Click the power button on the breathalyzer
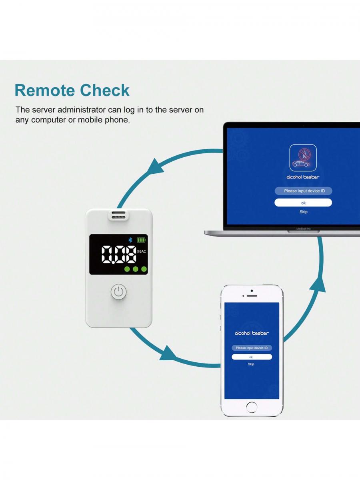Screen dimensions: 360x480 coord(119,292)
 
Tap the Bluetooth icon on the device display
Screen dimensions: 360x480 coord(130,240)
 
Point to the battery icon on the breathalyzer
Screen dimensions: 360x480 coord(141,240)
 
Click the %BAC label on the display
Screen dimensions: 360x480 coord(141,251)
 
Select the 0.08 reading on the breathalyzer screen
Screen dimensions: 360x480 coord(119,254)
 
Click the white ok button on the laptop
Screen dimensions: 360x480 coord(303,203)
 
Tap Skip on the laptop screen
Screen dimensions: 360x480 coord(304,212)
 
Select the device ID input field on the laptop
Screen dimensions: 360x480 coord(304,191)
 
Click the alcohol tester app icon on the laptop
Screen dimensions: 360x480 coord(303,158)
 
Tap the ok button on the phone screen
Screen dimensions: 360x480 coord(252,357)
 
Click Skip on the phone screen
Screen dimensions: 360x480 coord(251,364)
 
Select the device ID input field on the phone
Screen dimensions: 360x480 coord(252,348)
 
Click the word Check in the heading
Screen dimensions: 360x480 coord(105,90)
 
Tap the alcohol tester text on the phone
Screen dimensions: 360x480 coord(252,333)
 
